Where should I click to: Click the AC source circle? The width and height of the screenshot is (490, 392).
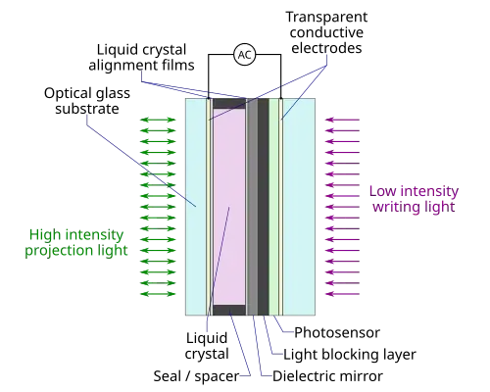[x=244, y=55]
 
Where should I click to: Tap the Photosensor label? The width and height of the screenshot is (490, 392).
[x=337, y=332]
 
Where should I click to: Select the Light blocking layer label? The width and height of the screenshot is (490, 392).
[x=350, y=355]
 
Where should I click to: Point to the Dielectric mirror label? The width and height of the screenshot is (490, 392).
[x=327, y=376]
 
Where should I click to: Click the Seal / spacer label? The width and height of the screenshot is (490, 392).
[x=196, y=376]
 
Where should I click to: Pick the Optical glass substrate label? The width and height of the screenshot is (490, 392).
[x=87, y=101]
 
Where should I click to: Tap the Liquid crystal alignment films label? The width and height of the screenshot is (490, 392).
[x=141, y=57]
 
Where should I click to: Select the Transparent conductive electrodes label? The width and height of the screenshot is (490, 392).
[x=326, y=32]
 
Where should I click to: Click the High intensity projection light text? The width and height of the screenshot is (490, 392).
[x=76, y=242]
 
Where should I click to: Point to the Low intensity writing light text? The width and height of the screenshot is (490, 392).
[x=414, y=199]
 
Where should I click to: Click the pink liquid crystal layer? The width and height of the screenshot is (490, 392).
[x=229, y=207]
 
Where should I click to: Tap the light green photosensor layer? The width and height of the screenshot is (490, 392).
[x=273, y=207]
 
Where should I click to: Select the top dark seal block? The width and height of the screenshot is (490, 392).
[x=229, y=103]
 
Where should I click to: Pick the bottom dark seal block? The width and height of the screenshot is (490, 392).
[x=229, y=310]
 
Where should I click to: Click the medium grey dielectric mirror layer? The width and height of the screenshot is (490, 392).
[x=252, y=207]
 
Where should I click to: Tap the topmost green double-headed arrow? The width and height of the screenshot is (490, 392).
[x=158, y=120]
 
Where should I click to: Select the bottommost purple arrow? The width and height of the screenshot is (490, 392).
[x=342, y=294]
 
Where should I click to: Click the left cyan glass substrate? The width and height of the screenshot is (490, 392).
[x=196, y=207]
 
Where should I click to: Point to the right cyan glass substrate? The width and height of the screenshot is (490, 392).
[x=299, y=207]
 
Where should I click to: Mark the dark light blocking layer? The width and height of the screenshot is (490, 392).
[x=264, y=207]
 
